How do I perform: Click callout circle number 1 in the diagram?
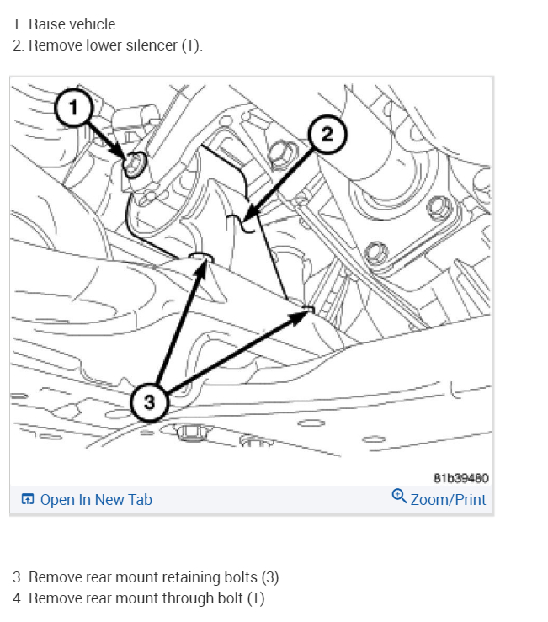(74, 108)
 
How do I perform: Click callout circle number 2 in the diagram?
(327, 134)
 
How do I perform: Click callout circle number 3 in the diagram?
(150, 401)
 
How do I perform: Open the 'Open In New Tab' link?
(96, 499)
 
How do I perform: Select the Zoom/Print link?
(448, 499)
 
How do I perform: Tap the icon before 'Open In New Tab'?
(28, 500)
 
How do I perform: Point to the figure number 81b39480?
(460, 478)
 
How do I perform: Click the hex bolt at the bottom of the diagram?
(191, 433)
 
